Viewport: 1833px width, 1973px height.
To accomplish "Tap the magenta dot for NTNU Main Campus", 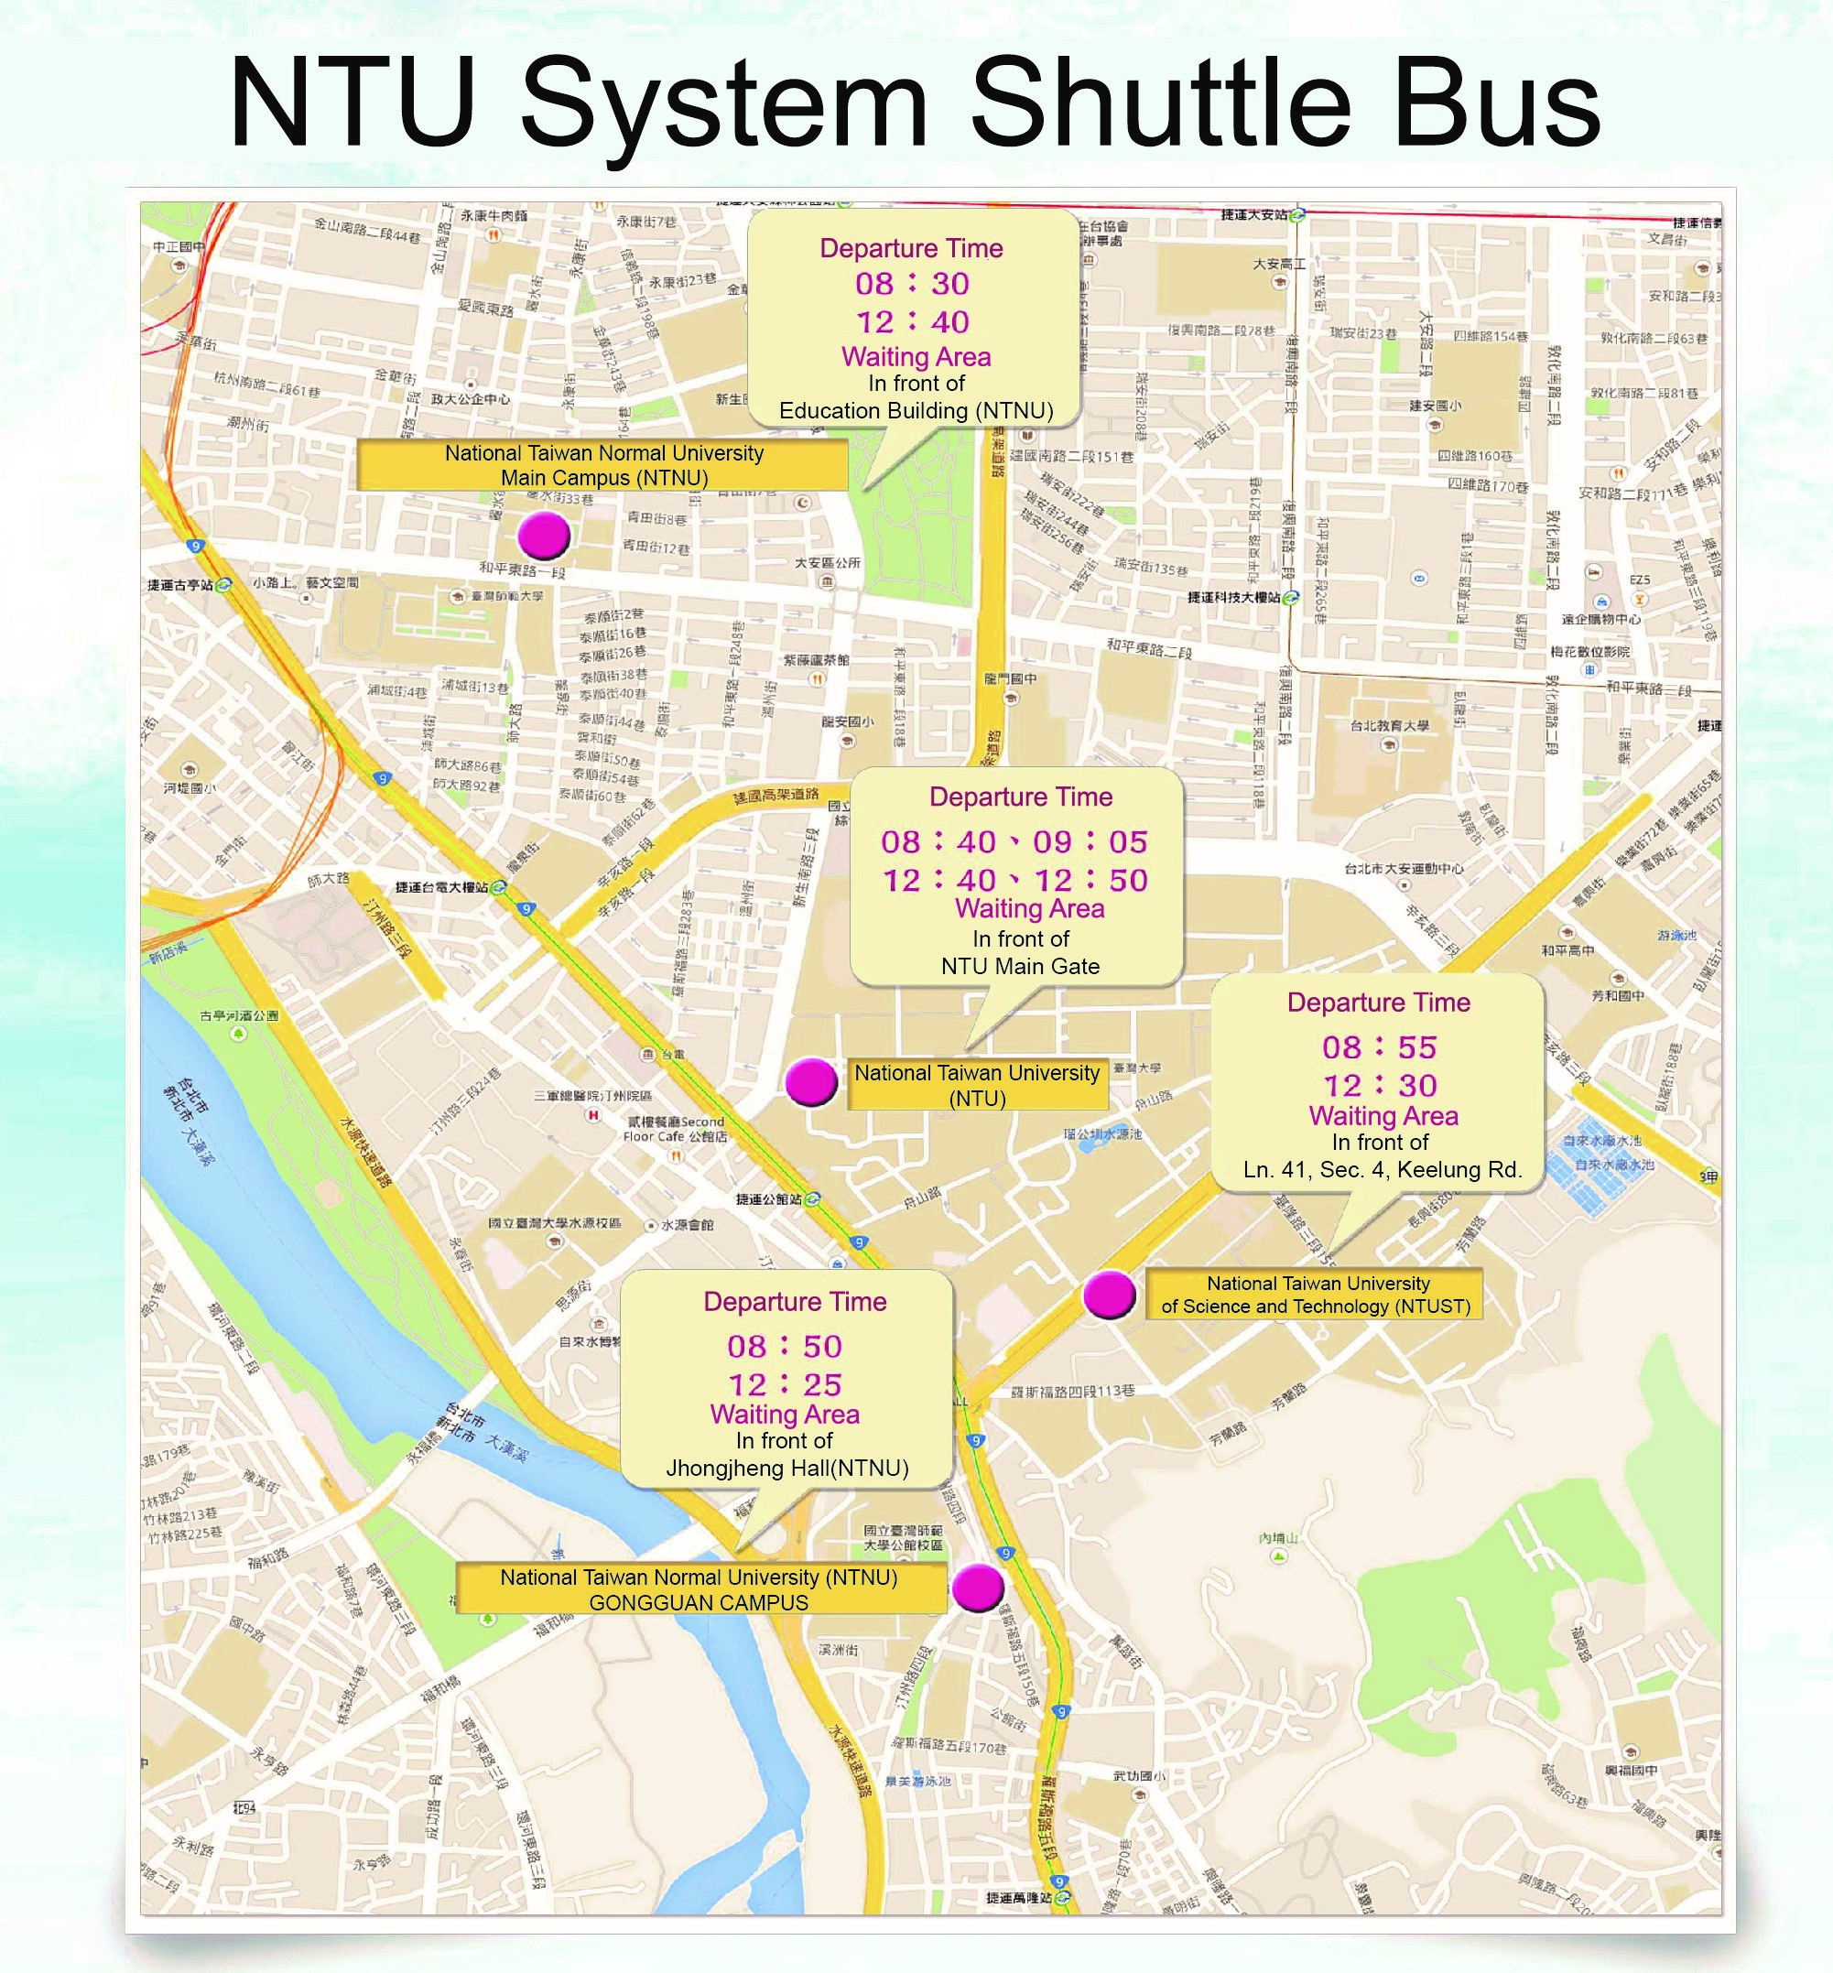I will (x=544, y=535).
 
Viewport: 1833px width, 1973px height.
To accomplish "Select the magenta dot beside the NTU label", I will (x=811, y=1081).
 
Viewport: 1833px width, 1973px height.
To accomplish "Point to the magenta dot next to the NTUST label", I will (x=1109, y=1295).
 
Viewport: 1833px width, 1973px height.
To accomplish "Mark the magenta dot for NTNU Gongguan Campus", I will (x=978, y=1588).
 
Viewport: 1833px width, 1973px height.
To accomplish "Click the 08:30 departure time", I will (x=913, y=284).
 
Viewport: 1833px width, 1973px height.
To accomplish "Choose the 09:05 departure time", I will (x=1090, y=842).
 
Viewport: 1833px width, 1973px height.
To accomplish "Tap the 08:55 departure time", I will (x=1379, y=1047).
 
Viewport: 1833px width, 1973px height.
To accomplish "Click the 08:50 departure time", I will (x=785, y=1346).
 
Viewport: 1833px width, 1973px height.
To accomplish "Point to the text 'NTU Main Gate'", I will (x=1020, y=966).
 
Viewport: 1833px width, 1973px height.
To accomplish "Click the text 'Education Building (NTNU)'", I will (x=916, y=411).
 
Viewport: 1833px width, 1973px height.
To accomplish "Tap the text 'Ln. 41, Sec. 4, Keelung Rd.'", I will (x=1382, y=1169).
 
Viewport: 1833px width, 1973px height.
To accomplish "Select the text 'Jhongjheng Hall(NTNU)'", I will (x=786, y=1469).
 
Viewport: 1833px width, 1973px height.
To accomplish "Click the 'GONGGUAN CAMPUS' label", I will (x=699, y=1602).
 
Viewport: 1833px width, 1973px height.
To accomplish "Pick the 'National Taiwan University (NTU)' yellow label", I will (x=977, y=1085).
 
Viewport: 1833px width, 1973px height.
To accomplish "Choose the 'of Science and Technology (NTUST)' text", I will (x=1315, y=1306).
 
